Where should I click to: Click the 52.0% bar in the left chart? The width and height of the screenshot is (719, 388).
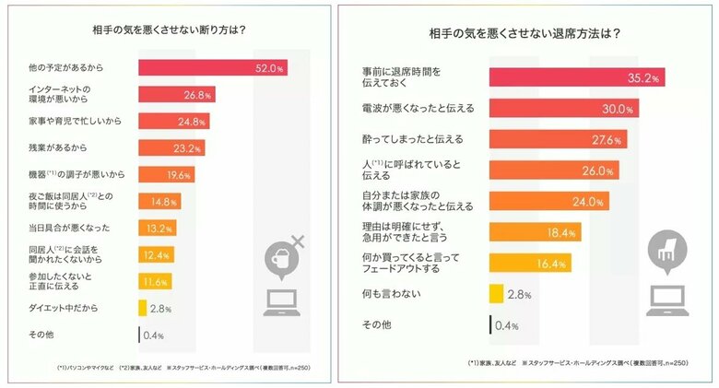(212, 67)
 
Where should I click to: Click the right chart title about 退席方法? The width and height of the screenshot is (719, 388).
(524, 34)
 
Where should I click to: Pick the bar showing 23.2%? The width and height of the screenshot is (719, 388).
(171, 147)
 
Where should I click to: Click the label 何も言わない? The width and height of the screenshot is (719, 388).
(391, 293)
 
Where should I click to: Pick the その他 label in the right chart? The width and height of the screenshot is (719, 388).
(378, 324)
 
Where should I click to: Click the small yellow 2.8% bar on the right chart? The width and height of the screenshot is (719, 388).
(495, 293)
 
